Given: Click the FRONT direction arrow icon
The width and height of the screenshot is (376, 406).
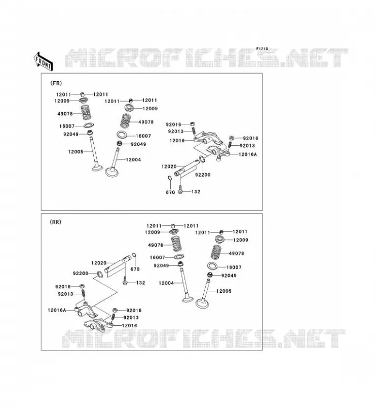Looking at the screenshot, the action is (x=44, y=61).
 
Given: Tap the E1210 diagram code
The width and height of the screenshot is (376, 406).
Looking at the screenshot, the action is (x=262, y=49).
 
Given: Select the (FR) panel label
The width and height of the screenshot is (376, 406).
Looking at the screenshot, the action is (x=56, y=83).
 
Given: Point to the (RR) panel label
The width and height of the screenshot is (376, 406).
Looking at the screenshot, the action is (x=55, y=222).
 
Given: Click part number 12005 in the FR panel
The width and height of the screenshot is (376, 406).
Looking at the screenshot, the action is (x=76, y=152).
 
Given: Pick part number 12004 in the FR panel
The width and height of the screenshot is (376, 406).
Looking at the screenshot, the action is (x=133, y=160).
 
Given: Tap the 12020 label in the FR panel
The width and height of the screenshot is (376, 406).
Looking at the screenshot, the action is (x=169, y=166).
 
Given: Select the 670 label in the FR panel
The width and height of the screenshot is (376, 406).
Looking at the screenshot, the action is (x=170, y=192).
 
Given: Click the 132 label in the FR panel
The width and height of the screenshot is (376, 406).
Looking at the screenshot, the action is (x=196, y=192).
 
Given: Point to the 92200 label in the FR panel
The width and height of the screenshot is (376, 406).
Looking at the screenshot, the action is (x=203, y=175).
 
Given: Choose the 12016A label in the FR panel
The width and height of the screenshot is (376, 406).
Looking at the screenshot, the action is (x=248, y=154).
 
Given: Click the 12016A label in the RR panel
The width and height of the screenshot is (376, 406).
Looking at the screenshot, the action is (x=57, y=310).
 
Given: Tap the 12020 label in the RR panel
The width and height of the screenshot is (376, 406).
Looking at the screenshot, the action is (x=99, y=263).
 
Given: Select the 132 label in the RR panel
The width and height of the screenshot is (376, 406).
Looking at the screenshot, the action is (x=141, y=283).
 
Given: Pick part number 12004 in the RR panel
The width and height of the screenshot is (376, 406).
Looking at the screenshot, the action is (x=166, y=283).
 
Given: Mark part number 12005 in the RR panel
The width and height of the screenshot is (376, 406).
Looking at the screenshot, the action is (x=223, y=291).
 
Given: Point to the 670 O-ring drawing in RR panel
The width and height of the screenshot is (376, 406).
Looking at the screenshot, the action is (x=134, y=256).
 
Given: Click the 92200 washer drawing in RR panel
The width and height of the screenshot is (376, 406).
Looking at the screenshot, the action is (x=99, y=274).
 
